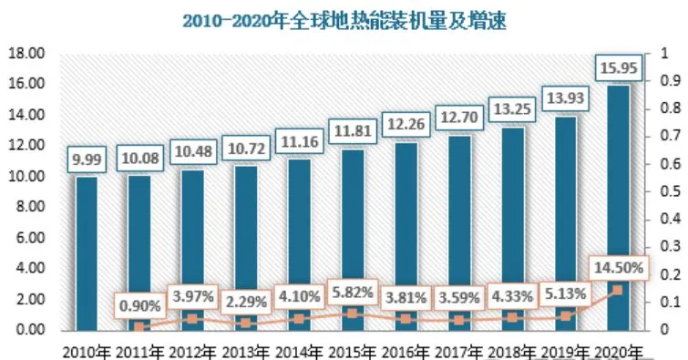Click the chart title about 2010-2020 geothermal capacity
[344, 19]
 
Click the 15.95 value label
[618, 67]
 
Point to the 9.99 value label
[87, 159]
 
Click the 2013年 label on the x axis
[245, 351]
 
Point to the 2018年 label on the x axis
[510, 351]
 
